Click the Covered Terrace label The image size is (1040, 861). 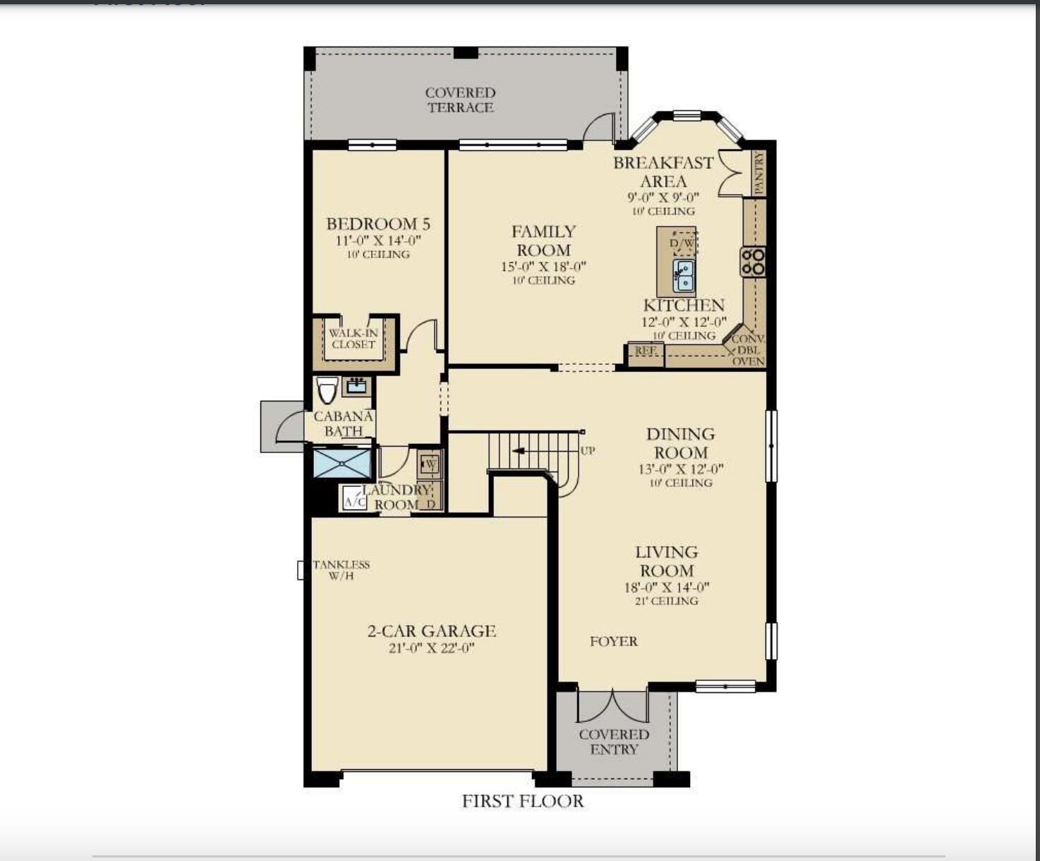(460, 100)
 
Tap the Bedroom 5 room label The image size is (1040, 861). (378, 224)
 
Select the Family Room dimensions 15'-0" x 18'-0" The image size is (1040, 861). (543, 267)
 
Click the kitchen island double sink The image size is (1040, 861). (683, 275)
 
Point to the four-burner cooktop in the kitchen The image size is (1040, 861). (753, 262)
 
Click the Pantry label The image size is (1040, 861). (758, 174)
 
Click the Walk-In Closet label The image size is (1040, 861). (353, 339)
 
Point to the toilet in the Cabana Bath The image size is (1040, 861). (327, 390)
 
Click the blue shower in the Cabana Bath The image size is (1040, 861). (342, 464)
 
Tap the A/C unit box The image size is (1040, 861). (354, 500)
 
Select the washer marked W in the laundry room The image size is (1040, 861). (430, 464)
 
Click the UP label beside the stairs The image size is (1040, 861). (587, 451)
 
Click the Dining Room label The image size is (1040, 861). (681, 443)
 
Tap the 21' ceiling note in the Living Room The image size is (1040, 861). (667, 601)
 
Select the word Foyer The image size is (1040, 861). (614, 642)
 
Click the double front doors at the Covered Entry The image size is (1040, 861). (612, 706)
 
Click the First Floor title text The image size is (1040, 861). (523, 802)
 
